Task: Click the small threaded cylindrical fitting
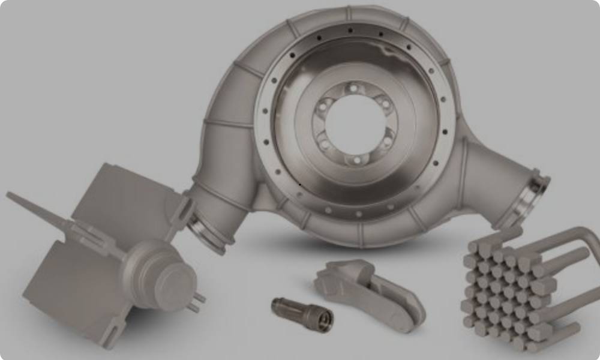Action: tap(301, 313)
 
